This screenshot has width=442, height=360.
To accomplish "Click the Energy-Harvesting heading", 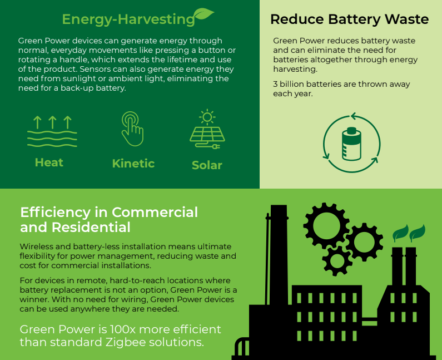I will coord(128,19).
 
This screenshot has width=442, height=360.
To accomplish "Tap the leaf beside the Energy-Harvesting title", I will coord(203,14).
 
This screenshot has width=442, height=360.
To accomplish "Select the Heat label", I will coord(49,162).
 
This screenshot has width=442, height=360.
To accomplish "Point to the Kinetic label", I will coord(133,163).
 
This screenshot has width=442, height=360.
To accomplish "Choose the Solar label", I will coord(207,165).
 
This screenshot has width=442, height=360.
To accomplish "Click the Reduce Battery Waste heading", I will coord(349,19).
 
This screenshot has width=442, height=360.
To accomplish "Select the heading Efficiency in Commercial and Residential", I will coord(109,220).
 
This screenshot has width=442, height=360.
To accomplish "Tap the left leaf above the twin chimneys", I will coord(399,233).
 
